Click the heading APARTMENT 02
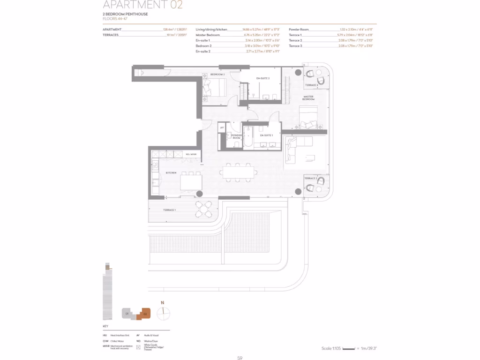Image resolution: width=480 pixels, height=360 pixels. tap(142, 5)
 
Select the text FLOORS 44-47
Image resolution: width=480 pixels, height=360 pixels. tap(115, 19)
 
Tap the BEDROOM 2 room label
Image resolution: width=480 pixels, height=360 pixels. tap(217, 75)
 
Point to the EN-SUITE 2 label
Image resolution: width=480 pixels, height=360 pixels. tap(263, 78)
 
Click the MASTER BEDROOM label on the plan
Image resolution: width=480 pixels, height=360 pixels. tap(308, 98)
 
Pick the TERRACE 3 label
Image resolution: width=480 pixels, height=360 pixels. tap(311, 85)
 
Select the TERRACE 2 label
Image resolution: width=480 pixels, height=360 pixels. tap(311, 179)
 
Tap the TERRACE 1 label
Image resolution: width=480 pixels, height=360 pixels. tap(169, 210)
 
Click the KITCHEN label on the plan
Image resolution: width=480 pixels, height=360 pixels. tap(171, 173)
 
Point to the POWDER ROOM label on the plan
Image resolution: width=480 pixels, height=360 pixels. tap(236, 136)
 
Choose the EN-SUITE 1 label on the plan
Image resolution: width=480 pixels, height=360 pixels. tap(266, 135)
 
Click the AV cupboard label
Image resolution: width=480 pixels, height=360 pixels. tap(222, 127)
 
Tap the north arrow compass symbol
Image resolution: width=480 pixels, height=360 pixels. tap(163, 313)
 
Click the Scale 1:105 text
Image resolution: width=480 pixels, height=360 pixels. tap(331, 348)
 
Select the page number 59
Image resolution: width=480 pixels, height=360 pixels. tap(240, 358)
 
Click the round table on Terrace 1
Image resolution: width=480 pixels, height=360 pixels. tap(203, 208)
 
